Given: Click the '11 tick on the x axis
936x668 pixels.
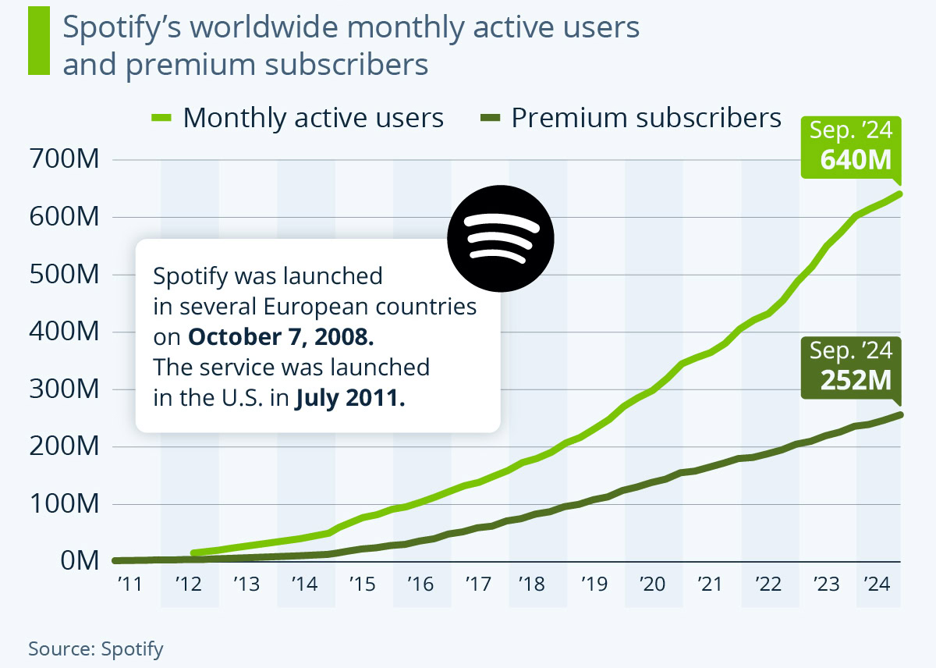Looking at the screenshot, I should [130, 584].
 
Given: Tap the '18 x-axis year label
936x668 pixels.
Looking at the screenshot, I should [537, 584].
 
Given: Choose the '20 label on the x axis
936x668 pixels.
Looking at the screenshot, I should [652, 584].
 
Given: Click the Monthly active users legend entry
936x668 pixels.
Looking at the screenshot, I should [296, 118].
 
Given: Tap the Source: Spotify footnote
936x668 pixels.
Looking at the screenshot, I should [96, 648].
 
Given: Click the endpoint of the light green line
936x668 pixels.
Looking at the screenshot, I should [899, 194].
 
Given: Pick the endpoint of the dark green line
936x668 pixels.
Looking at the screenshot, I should [899, 414].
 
